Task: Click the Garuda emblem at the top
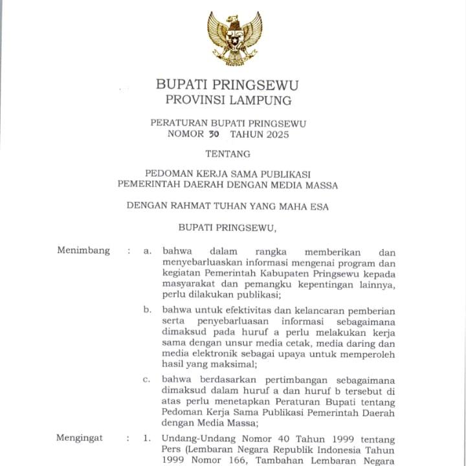pyautogui.click(x=234, y=38)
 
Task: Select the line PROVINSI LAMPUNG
pyautogui.click(x=228, y=100)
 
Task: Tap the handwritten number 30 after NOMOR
pyautogui.click(x=214, y=135)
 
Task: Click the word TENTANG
pyautogui.click(x=227, y=154)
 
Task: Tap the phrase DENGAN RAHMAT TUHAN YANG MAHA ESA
pyautogui.click(x=227, y=206)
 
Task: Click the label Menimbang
pyautogui.click(x=83, y=250)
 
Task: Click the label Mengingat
pyautogui.click(x=80, y=438)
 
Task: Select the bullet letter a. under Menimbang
pyautogui.click(x=148, y=251)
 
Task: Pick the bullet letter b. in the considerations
pyautogui.click(x=148, y=309)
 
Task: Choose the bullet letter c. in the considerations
pyautogui.click(x=147, y=379)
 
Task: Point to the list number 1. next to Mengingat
pyautogui.click(x=147, y=438)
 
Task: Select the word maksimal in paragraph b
pyautogui.click(x=217, y=366)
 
